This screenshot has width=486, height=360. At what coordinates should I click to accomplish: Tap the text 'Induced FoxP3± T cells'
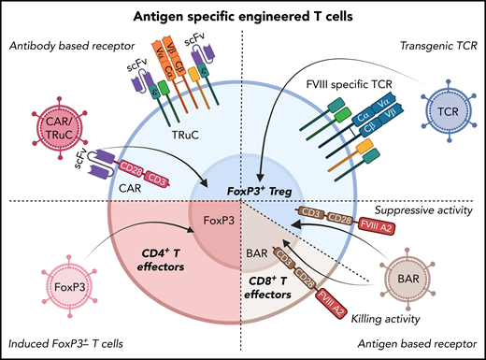pos(71,342)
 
